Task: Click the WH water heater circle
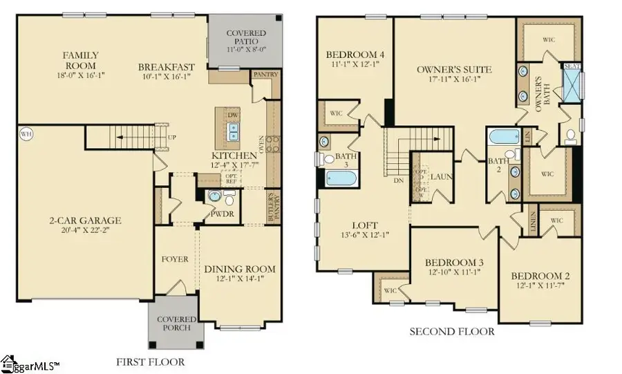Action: click(x=26, y=134)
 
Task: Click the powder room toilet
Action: click(x=216, y=198)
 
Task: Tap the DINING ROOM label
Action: click(x=240, y=269)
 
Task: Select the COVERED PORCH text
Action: click(x=178, y=324)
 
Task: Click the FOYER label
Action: click(x=175, y=259)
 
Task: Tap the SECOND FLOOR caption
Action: click(x=452, y=332)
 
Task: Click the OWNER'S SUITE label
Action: click(x=454, y=69)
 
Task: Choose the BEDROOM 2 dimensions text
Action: click(x=540, y=285)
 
